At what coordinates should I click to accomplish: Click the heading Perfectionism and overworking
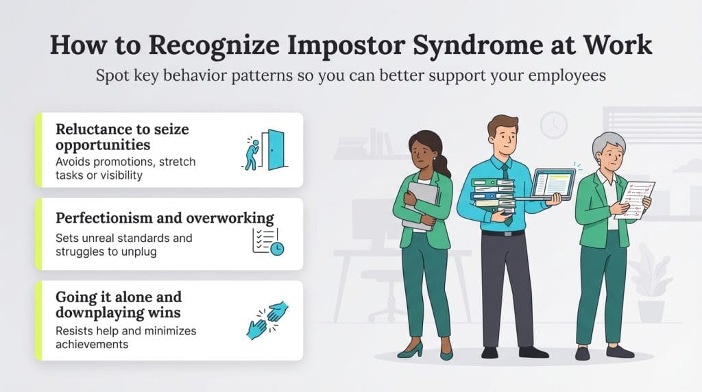(165, 219)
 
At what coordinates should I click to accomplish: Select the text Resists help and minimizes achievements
(125, 337)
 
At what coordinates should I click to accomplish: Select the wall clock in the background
(553, 125)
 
